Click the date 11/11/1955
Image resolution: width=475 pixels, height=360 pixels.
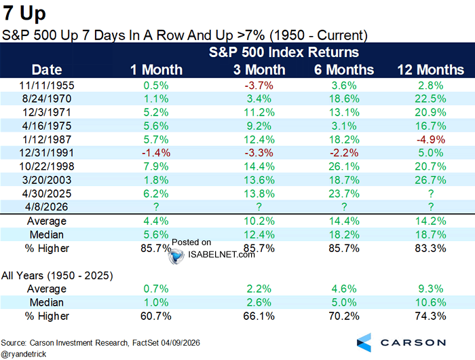coord(47,85)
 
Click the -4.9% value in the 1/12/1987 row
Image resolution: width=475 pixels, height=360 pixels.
coord(430,139)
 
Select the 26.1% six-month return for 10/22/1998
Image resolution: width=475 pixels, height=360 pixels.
coord(343,166)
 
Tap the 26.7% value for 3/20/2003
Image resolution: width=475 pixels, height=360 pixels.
coord(430,179)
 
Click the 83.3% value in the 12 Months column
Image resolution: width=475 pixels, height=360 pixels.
coord(430,249)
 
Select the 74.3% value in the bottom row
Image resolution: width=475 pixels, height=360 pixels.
coord(430,316)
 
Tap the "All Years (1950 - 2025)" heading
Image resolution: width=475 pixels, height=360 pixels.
coord(56,275)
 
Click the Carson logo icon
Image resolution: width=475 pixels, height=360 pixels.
coord(364,342)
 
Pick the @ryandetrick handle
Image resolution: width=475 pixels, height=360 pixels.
coord(28,354)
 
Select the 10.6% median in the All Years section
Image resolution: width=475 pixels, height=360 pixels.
coord(430,302)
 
